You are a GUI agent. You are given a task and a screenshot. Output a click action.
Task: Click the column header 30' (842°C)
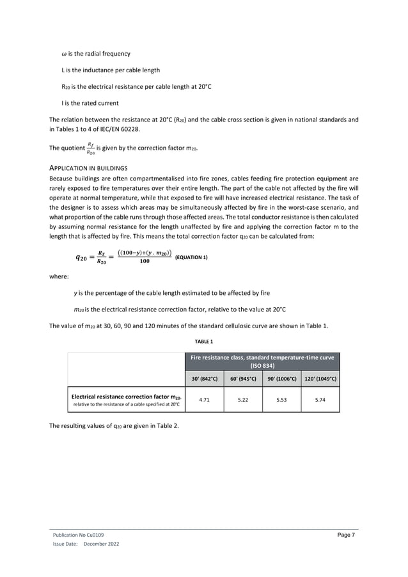coord(205,379)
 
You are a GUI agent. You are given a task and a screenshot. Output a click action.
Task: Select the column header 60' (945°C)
coord(243,379)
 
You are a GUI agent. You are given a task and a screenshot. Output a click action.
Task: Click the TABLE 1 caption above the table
coord(204,342)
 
